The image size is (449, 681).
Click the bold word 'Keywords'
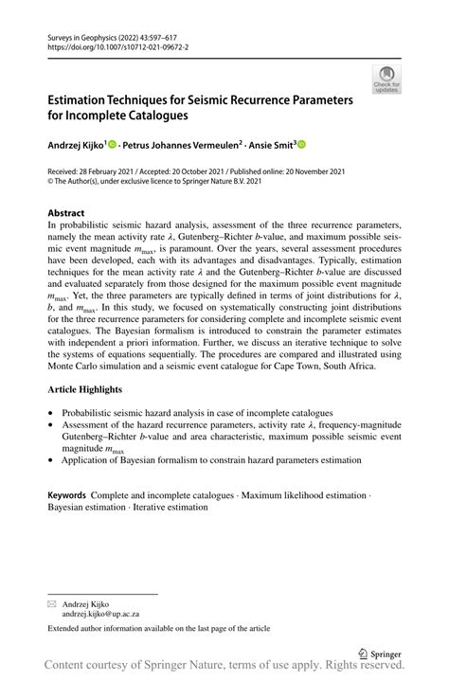67,495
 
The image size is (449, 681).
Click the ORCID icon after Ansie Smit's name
302,145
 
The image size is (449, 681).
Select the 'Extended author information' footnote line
159,628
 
